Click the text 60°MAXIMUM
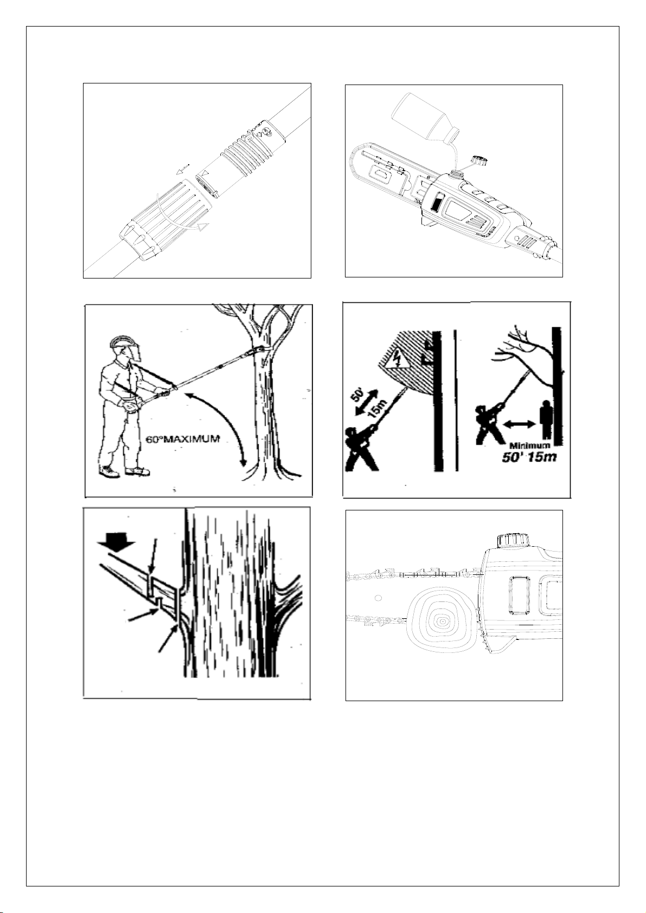[x=183, y=439]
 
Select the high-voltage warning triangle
[x=394, y=359]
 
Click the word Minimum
[x=530, y=445]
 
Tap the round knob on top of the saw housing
[x=513, y=541]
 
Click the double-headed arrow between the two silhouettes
[x=520, y=424]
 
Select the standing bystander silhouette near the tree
[x=545, y=420]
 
